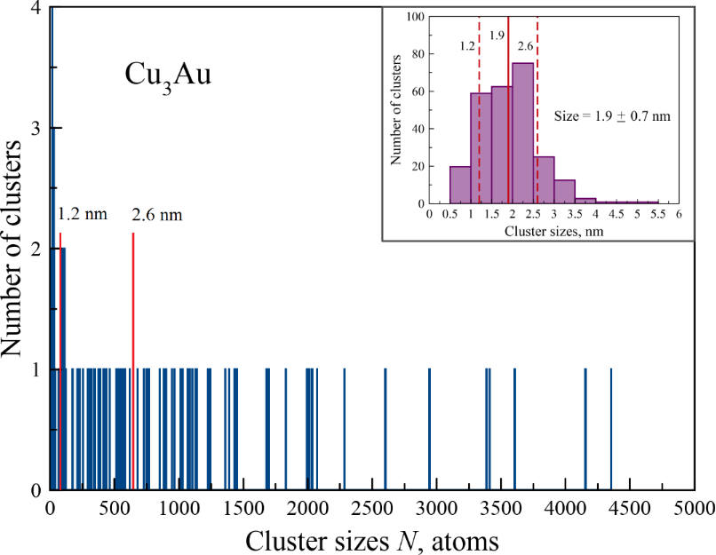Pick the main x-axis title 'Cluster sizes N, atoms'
[371, 539]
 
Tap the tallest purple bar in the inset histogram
[523, 133]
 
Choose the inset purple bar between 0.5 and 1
[460, 185]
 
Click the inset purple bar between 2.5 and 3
[544, 179]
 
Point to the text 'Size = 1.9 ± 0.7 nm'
[612, 116]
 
